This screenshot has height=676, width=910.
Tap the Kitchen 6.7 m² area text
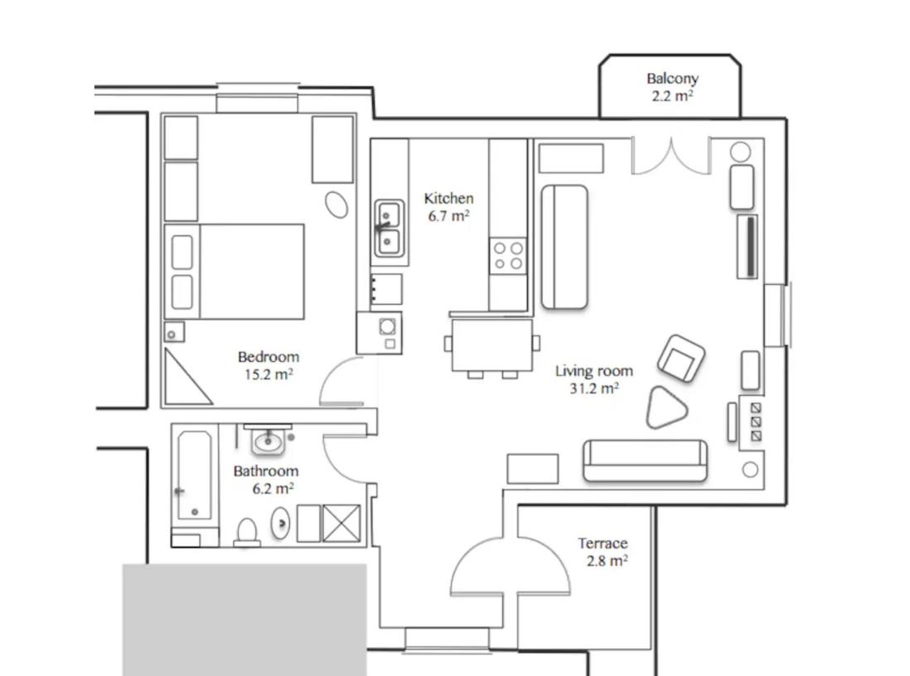pyautogui.click(x=448, y=207)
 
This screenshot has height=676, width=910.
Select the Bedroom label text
pyautogui.click(x=269, y=356)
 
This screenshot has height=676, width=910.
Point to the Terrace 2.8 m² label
pyautogui.click(x=603, y=552)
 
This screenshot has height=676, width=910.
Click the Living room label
pyautogui.click(x=593, y=371)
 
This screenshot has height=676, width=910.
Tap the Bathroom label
pyautogui.click(x=266, y=471)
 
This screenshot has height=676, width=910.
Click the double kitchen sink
pyautogui.click(x=388, y=228)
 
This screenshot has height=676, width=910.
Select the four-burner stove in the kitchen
pyautogui.click(x=508, y=256)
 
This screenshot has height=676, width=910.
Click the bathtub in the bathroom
pyautogui.click(x=195, y=476)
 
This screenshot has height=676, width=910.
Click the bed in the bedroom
pyautogui.click(x=235, y=272)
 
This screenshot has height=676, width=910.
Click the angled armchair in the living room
pyautogui.click(x=681, y=359)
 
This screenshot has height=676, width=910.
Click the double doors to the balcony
pyautogui.click(x=670, y=157)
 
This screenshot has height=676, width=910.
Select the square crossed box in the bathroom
pyautogui.click(x=341, y=524)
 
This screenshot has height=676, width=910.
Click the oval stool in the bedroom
pyautogui.click(x=336, y=205)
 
